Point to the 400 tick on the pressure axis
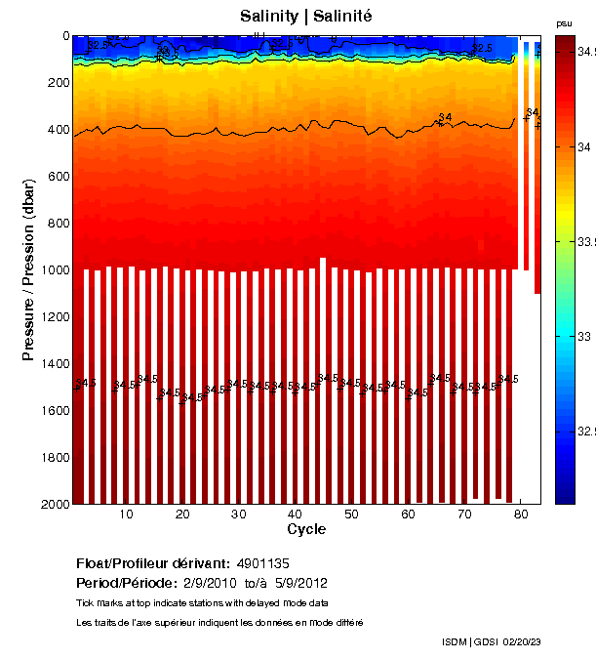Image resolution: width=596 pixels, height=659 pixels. click(58, 130)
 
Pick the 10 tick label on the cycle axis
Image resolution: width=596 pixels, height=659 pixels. click(127, 514)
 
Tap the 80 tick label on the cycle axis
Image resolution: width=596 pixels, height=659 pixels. click(521, 514)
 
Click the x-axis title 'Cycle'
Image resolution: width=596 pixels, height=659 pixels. click(306, 529)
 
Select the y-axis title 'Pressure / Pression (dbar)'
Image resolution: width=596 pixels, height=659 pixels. click(29, 269)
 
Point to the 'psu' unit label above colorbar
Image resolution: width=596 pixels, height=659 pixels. click(564, 22)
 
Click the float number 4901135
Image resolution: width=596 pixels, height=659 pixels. click(263, 564)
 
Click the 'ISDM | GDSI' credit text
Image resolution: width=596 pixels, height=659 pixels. click(468, 641)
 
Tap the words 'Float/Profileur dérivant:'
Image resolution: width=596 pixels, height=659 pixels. click(153, 564)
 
